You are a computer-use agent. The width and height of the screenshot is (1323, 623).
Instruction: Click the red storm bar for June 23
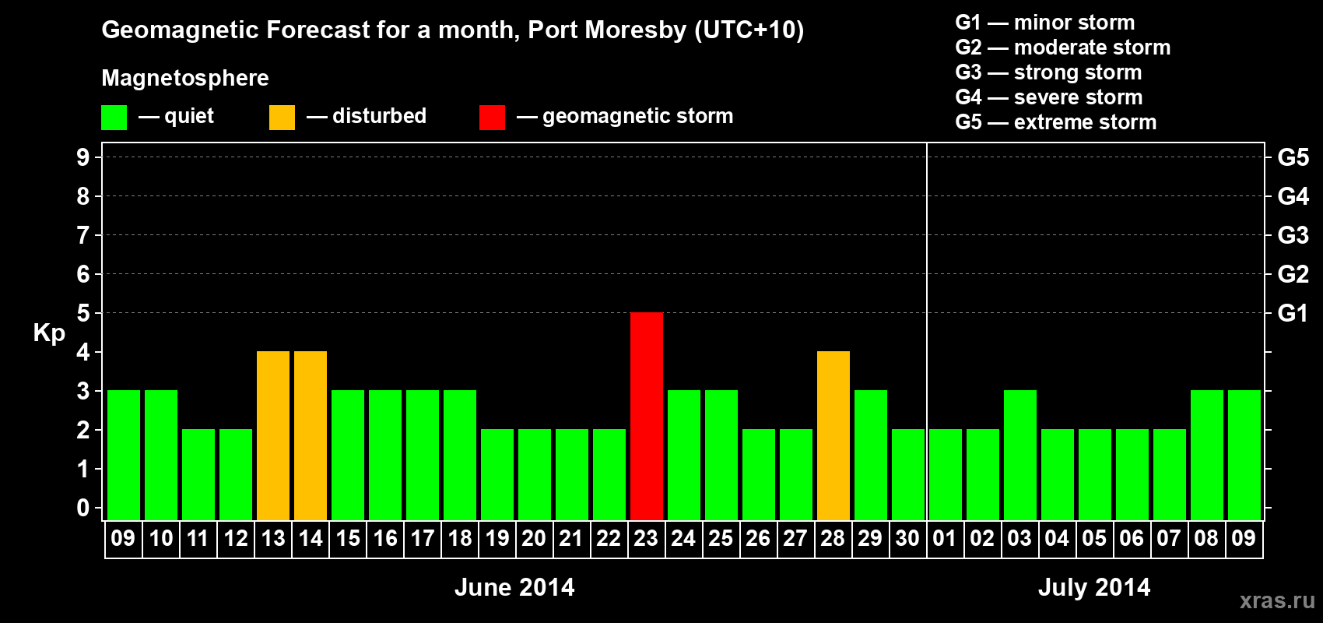(647, 416)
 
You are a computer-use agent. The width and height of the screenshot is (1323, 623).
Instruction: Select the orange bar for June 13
(273, 435)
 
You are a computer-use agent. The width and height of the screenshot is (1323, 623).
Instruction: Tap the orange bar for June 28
(833, 435)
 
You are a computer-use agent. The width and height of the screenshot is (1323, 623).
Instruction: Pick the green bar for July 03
(1020, 455)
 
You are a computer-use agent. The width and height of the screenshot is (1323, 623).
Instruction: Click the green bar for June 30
(908, 474)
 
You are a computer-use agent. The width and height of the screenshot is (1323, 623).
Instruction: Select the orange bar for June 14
(311, 435)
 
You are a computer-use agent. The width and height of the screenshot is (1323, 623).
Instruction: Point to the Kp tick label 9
(83, 157)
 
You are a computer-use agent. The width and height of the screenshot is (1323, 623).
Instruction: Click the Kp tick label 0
(83, 508)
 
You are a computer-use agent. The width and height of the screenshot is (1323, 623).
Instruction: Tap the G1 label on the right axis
(1293, 313)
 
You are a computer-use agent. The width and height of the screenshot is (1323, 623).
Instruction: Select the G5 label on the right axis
(1293, 157)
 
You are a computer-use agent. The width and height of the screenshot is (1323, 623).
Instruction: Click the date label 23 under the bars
(646, 538)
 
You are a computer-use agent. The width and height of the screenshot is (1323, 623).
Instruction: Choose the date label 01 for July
(945, 538)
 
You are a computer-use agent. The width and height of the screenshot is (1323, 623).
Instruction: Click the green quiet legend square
(114, 118)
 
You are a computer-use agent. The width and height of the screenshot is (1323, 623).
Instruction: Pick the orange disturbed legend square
(282, 118)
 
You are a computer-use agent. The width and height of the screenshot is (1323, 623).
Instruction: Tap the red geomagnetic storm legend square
(492, 118)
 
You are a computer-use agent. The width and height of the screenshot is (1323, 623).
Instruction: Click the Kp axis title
(49, 333)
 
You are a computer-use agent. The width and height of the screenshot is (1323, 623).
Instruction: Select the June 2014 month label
(514, 587)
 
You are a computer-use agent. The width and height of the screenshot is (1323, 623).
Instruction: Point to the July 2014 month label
(1094, 587)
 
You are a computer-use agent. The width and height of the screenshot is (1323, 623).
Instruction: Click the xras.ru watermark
(1277, 600)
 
